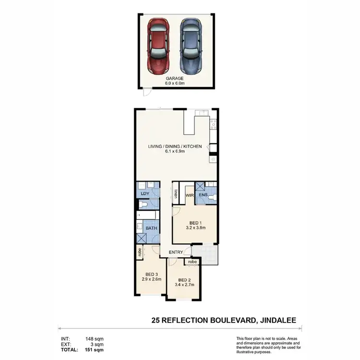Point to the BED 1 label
[195, 223]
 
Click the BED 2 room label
[185, 280]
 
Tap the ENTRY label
[175, 252]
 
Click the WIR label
[189, 195]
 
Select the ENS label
[204, 195]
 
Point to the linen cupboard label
[176, 194]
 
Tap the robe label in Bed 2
[192, 262]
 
